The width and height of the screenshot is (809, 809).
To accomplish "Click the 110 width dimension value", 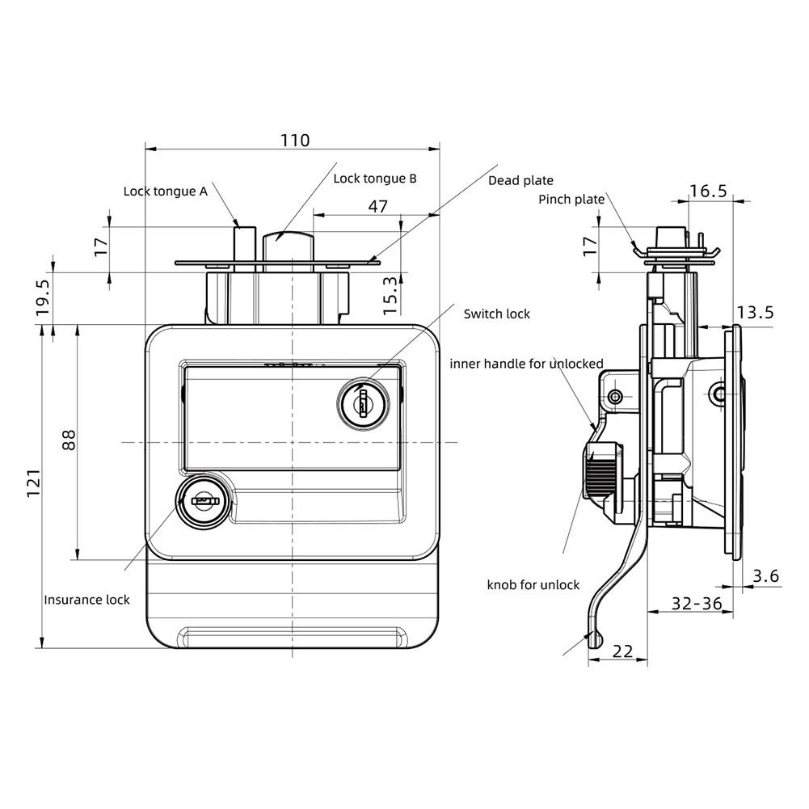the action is (295, 141).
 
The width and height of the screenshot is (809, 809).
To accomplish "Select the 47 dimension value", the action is (377, 206).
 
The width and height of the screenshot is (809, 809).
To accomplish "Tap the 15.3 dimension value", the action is (390, 296).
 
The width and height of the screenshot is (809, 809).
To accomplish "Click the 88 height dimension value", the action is (69, 440).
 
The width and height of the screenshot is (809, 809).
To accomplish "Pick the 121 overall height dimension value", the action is (33, 483).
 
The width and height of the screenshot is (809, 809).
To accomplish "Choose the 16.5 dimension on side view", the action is (709, 191).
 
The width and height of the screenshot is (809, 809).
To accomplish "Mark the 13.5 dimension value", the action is (756, 312).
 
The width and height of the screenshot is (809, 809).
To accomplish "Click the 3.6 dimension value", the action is (765, 575).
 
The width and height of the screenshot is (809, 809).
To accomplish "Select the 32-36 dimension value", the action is (697, 603).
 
